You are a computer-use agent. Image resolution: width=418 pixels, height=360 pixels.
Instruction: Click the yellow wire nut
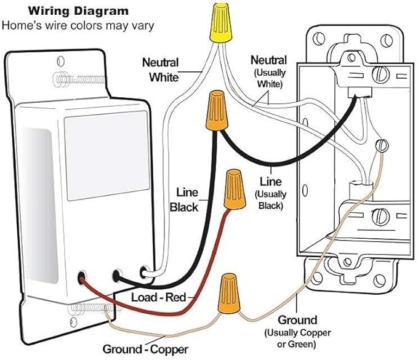(221, 23)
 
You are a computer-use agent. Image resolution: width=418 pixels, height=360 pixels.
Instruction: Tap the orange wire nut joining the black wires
(217, 111)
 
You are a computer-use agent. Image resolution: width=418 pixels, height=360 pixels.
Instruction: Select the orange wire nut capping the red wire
(235, 189)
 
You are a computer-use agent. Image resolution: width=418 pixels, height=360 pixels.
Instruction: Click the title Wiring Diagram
(78, 11)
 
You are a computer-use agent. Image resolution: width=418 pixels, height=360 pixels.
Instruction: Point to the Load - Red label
(158, 297)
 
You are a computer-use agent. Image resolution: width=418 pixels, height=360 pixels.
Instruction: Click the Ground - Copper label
(145, 349)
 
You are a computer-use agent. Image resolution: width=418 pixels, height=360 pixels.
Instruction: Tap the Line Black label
(184, 199)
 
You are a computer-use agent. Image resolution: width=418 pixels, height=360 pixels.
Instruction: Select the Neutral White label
(161, 70)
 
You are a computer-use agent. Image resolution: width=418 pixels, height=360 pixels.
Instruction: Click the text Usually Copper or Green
(297, 338)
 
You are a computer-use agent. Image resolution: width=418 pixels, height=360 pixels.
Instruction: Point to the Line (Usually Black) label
(271, 193)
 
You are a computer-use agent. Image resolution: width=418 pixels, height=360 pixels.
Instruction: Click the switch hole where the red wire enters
(82, 278)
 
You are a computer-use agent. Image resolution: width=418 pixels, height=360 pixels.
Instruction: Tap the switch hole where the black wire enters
(118, 276)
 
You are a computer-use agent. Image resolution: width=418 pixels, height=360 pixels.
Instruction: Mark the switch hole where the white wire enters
(144, 272)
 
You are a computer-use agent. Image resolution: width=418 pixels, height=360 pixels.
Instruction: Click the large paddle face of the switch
(107, 155)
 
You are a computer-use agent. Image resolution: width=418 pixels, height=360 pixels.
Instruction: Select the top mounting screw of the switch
(80, 79)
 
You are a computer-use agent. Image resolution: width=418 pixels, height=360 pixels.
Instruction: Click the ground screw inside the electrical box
(382, 145)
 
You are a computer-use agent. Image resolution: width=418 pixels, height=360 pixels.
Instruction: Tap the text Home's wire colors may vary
(78, 26)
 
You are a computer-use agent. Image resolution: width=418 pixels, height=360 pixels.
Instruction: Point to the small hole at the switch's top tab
(61, 61)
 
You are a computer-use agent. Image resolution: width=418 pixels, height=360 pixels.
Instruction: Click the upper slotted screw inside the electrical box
(380, 74)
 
